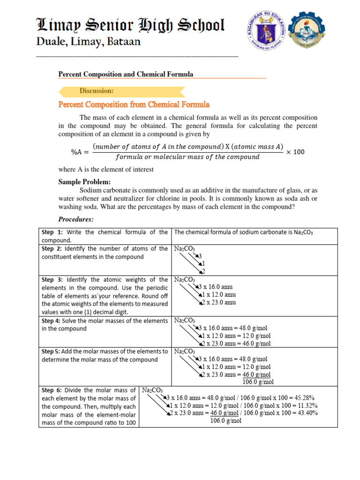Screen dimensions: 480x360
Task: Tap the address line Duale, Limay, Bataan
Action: tap(89, 42)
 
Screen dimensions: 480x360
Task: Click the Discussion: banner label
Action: tap(97, 90)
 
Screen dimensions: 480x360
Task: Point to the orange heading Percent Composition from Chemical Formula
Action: tap(134, 105)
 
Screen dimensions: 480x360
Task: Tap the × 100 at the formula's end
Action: tap(295, 151)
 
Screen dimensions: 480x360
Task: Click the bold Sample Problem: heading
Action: tap(84, 181)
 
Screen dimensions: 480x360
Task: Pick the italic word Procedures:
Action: tap(76, 219)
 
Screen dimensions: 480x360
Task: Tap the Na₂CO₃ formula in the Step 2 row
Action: tap(185, 248)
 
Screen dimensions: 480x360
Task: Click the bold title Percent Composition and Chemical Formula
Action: tap(125, 75)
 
